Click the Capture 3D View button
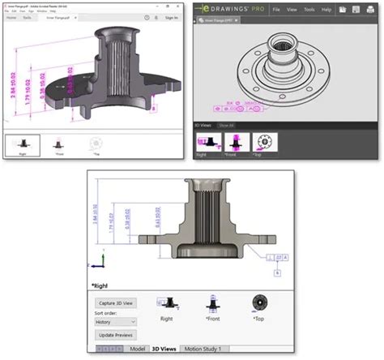pyautogui.click(x=117, y=302)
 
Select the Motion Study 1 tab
pyautogui.click(x=203, y=349)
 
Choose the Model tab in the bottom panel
pyautogui.click(x=138, y=349)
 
